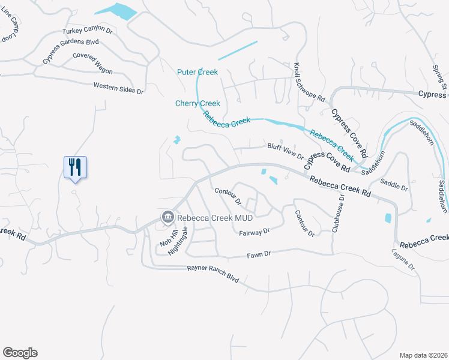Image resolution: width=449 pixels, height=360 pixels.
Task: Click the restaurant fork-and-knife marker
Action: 75,166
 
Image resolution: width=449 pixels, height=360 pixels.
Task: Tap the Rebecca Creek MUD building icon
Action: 166,217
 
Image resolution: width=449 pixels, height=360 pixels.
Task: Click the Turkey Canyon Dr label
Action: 87,30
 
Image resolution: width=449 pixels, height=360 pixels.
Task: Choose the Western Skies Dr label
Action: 118,88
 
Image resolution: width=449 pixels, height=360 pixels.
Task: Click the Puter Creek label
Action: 197,72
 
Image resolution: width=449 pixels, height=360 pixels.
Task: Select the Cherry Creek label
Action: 197,103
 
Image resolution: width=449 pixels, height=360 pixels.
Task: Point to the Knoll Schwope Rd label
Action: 310,82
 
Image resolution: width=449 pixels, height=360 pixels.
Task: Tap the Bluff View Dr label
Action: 285,151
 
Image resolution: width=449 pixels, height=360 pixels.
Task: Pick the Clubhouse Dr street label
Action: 338,214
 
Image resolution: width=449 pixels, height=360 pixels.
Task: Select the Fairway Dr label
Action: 255,232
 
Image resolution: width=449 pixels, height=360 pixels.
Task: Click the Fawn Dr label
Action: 260,254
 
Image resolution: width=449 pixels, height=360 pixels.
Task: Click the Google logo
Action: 20,353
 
